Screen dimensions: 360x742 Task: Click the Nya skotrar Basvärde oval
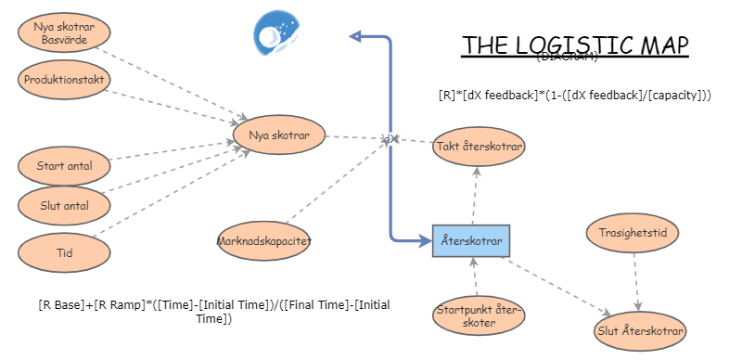coord(63,32)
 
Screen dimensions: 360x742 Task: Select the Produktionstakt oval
coord(63,79)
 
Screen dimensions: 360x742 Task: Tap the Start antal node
coord(63,167)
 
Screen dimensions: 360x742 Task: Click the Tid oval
coord(63,251)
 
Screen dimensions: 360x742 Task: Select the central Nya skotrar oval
coord(278,135)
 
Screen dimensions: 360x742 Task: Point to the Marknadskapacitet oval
coord(264,241)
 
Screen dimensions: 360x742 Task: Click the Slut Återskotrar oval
coord(640,330)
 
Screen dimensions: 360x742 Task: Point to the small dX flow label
coord(390,139)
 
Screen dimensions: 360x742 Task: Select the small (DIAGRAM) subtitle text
coord(567,58)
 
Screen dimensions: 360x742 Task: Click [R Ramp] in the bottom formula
coord(115,304)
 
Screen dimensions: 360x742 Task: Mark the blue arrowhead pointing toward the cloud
coord(354,36)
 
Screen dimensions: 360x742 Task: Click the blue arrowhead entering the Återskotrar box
coord(426,241)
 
